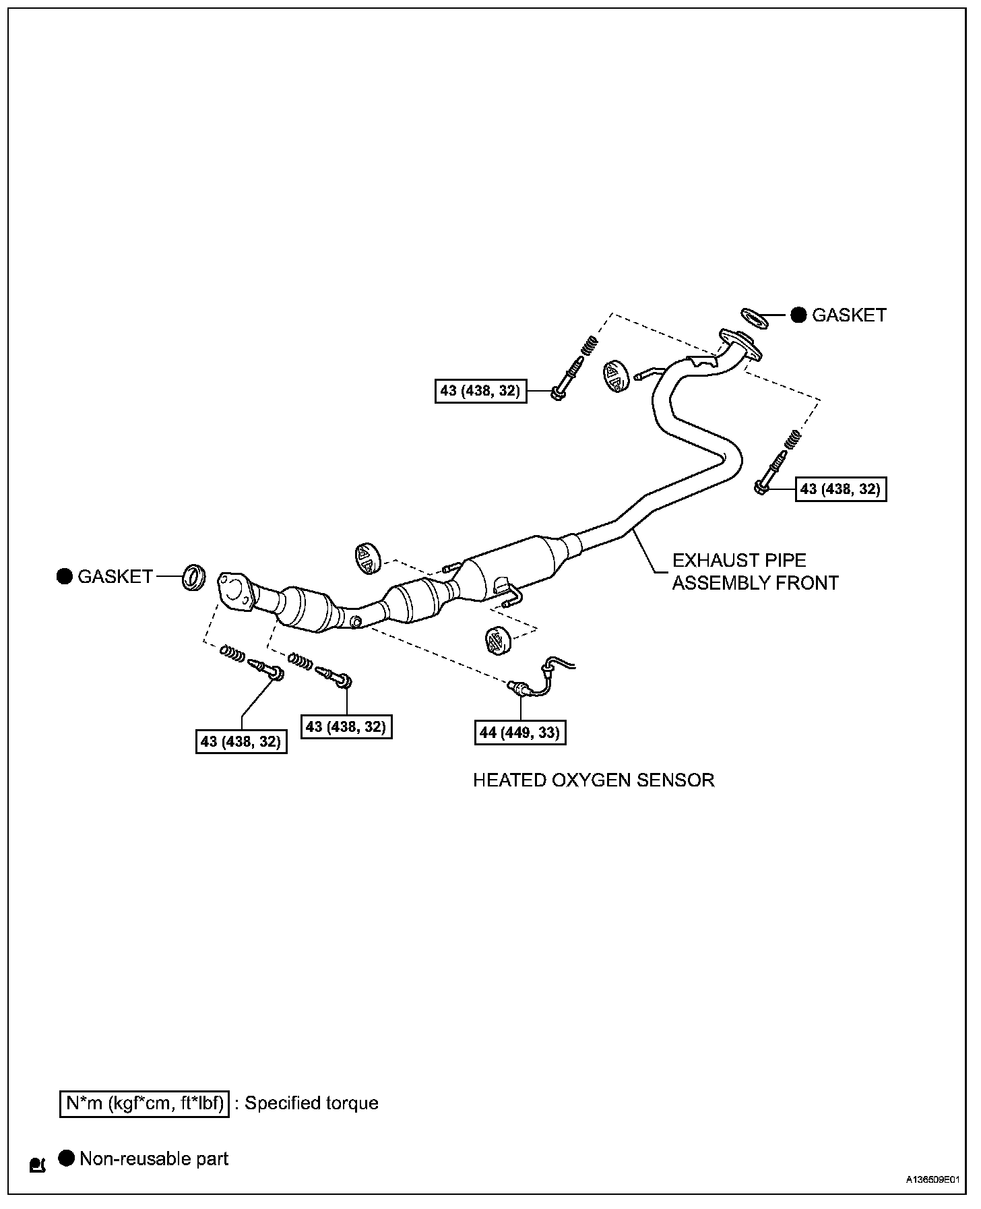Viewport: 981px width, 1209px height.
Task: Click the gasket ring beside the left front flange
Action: [x=194, y=578]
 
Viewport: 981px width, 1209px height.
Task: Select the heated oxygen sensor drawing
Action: [x=539, y=678]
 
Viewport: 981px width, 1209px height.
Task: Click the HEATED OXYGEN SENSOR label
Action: [x=593, y=780]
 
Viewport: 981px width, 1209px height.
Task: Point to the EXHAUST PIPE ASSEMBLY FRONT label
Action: [x=755, y=571]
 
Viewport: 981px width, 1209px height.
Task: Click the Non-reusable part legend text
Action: [x=154, y=1158]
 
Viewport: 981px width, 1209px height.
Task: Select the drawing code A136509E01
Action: [x=932, y=1180]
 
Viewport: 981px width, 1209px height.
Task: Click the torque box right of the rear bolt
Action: [x=841, y=489]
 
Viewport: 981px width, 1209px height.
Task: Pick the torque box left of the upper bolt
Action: [x=480, y=390]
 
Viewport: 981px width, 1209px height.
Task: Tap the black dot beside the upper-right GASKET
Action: [x=798, y=315]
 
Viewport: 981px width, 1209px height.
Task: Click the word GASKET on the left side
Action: [x=115, y=577]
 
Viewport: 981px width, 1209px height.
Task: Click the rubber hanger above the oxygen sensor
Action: [x=497, y=639]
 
